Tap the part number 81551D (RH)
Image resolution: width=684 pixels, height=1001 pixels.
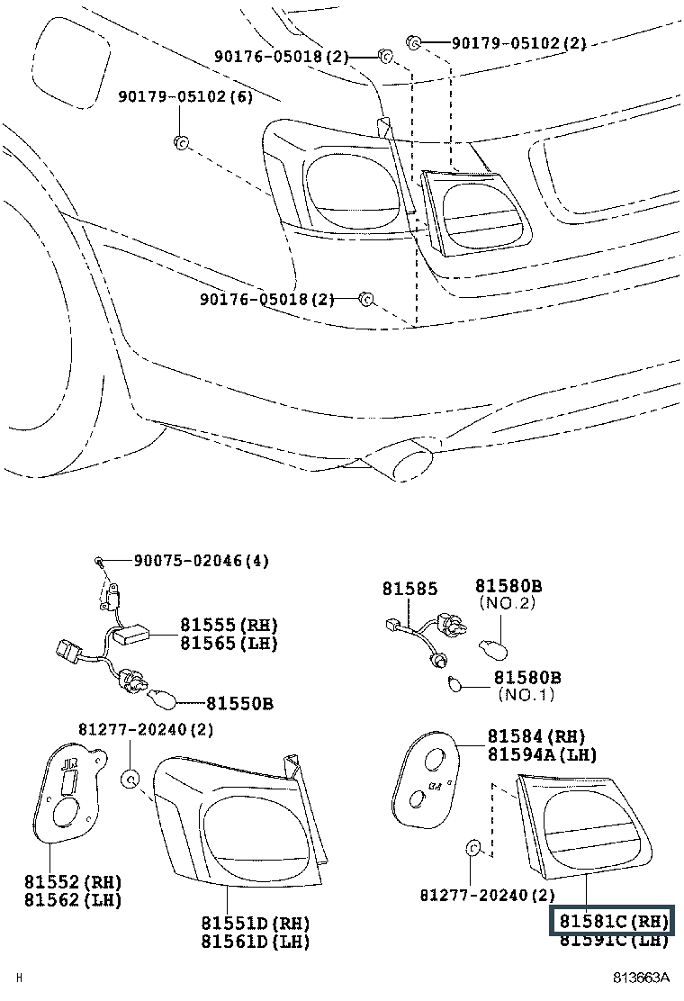pos(255,923)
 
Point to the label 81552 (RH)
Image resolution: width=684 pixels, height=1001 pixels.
pos(73,881)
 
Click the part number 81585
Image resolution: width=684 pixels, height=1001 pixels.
pos(409,589)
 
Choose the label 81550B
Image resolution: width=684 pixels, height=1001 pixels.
pos(240,703)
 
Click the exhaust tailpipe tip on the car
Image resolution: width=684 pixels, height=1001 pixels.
pos(407,459)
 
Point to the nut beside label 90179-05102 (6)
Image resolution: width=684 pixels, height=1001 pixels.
pos(179,140)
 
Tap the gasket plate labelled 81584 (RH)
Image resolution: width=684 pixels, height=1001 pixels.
pos(427,778)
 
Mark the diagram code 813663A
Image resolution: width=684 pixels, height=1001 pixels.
pos(643,978)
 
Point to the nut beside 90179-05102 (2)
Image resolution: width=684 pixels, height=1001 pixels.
pos(415,41)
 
